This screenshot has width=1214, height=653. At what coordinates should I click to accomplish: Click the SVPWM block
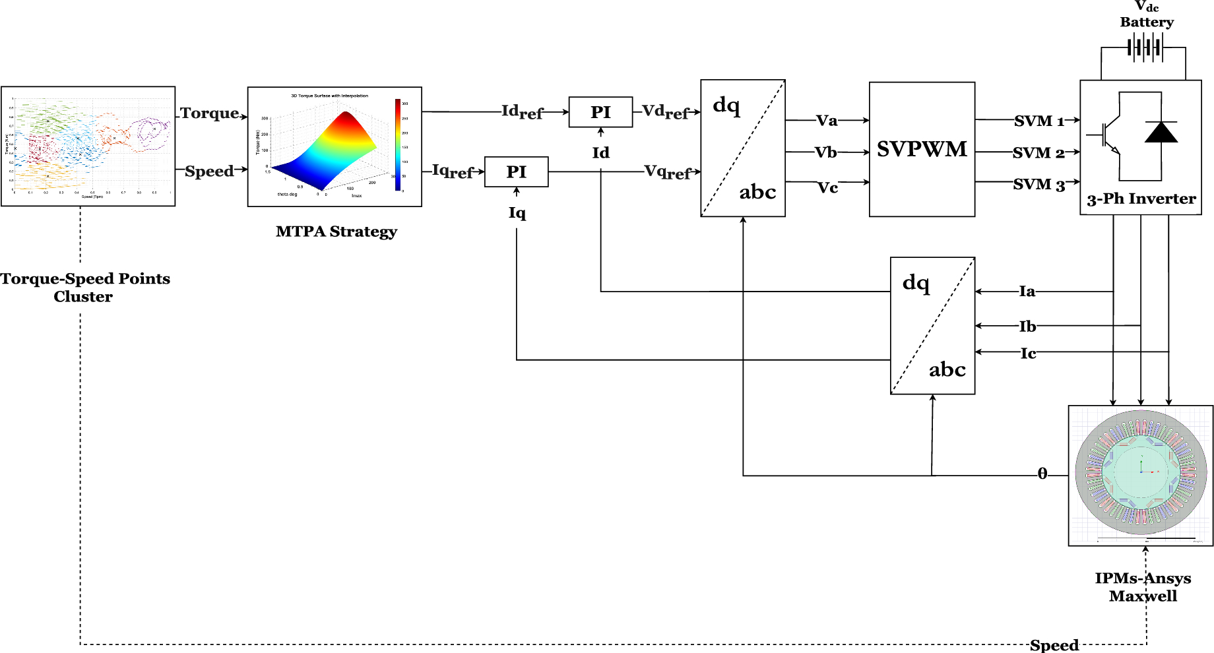coord(922,149)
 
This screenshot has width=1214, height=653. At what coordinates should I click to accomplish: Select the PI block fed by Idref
coord(600,112)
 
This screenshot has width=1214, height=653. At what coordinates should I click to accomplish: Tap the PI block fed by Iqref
coord(516,172)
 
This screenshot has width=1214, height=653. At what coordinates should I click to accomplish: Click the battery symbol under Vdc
coord(1145,47)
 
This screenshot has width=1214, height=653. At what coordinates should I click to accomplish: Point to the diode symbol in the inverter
coord(1161,133)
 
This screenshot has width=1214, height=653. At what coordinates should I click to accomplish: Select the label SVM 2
coord(1038,153)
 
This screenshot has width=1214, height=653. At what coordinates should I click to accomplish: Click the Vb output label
coord(825,153)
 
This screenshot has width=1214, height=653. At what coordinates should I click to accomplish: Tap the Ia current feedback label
coord(1027,292)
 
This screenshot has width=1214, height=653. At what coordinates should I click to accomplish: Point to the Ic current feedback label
coord(1028,354)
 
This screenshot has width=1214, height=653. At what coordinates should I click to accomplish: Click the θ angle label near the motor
coord(1042,474)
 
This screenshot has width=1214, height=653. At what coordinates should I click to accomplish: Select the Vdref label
coord(665,111)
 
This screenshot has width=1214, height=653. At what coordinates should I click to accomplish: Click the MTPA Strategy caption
coord(336,232)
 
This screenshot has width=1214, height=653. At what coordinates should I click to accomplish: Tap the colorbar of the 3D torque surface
coord(398,145)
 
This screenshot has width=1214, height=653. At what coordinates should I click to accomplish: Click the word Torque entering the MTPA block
coord(209,113)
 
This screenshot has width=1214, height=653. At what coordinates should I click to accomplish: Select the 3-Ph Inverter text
coord(1141,199)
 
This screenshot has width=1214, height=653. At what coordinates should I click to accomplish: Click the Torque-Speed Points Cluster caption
coord(84,288)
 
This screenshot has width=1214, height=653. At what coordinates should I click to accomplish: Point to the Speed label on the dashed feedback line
coord(1054,645)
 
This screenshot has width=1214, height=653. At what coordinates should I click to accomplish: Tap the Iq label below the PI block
coord(517,213)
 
